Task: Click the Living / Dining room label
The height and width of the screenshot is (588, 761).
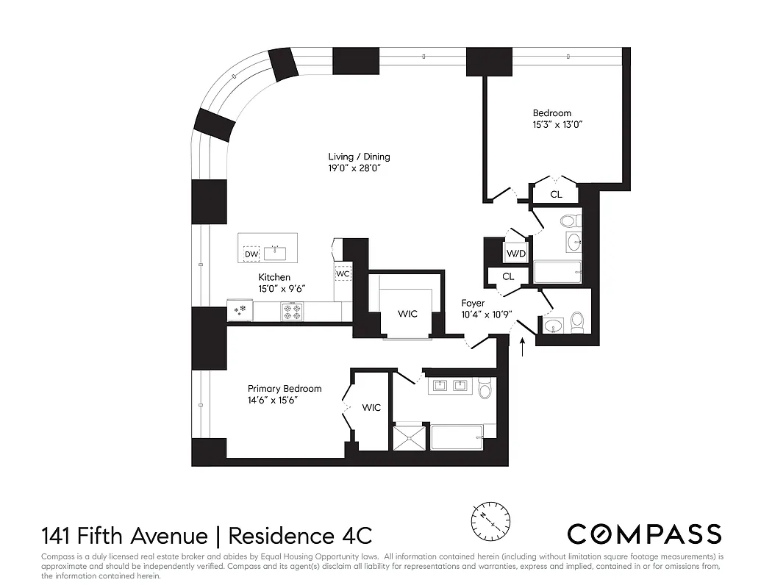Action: [359, 157]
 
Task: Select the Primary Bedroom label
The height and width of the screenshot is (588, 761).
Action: [285, 389]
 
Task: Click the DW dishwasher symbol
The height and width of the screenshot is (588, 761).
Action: [251, 254]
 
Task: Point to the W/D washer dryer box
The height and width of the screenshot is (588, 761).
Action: [515, 254]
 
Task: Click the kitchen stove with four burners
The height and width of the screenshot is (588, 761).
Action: [293, 311]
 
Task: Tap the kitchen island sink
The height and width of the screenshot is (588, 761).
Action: [278, 253]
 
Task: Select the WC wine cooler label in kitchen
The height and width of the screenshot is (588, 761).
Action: [342, 274]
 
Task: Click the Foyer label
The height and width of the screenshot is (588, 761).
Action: [473, 303]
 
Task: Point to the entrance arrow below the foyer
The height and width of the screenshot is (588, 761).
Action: [523, 345]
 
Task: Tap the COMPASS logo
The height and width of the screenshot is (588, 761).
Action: [644, 534]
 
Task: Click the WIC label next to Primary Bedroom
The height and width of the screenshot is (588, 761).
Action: [371, 407]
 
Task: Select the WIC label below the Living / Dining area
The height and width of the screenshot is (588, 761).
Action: [407, 314]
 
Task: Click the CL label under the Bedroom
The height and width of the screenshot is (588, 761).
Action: [557, 195]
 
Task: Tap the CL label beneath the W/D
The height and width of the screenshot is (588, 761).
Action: [508, 276]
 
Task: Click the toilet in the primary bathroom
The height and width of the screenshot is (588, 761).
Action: [485, 389]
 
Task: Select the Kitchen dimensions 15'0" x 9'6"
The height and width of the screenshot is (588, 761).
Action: [282, 289]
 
